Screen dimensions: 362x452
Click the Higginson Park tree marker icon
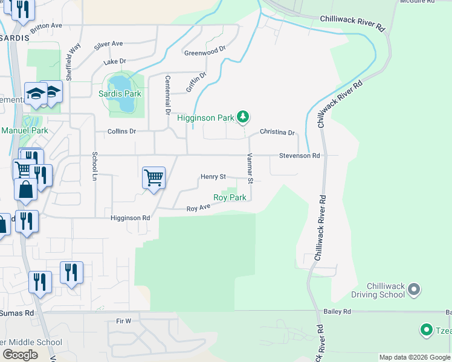[243, 117]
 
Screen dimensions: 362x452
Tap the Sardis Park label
[120, 94]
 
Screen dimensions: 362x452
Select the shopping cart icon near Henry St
[153, 178]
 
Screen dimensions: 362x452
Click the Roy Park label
[230, 197]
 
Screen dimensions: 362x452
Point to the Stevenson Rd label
[299, 156]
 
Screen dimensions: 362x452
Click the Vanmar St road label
[249, 167]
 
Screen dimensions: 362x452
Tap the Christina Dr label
[277, 132]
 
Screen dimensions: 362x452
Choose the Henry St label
[213, 177]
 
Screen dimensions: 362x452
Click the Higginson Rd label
[130, 218]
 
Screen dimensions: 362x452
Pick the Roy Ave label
[198, 208]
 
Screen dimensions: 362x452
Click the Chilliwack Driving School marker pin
[414, 290]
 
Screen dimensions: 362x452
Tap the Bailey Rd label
[337, 311]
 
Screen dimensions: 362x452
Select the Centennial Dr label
[167, 95]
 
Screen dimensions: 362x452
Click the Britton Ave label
[46, 25]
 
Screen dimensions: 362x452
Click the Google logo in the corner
[20, 355]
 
